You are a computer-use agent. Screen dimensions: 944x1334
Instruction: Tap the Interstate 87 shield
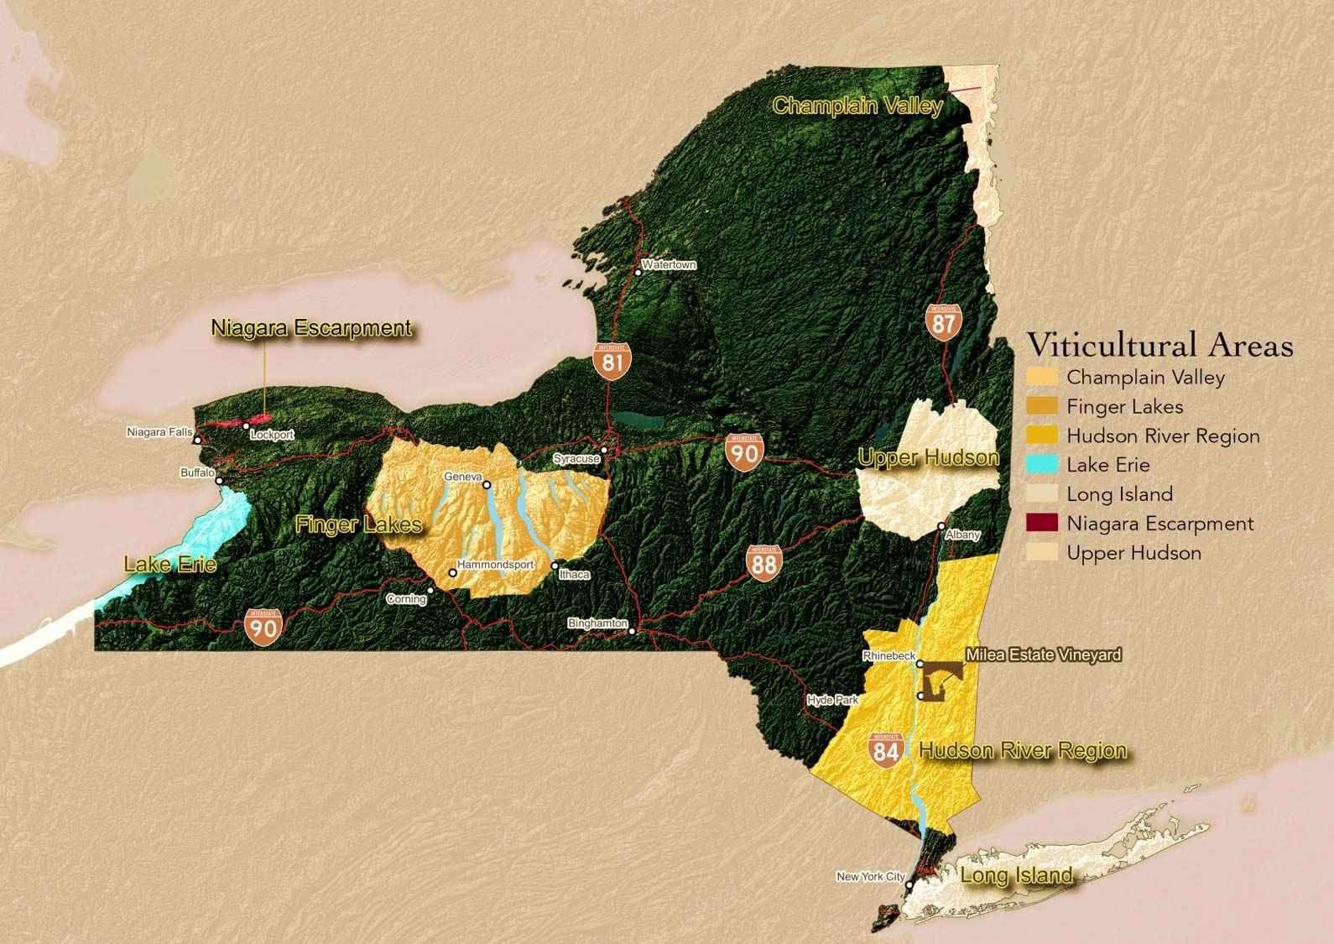pos(943,322)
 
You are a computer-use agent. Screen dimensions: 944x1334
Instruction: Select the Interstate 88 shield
pos(763,562)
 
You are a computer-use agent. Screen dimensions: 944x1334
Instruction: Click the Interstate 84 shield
pos(886,749)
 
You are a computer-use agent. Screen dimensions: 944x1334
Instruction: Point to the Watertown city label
pos(669,265)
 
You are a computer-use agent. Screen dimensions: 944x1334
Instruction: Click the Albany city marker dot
pos(942,526)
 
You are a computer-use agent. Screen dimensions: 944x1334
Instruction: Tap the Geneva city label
pos(463,477)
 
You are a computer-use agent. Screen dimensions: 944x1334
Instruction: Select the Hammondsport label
pos(495,565)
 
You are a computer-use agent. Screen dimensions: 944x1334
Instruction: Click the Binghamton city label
pos(597,623)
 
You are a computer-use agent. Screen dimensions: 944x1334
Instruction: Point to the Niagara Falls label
pos(159,432)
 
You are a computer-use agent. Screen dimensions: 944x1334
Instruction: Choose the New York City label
pos(871,877)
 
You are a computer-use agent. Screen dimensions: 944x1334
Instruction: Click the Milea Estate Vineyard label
pos(1043,655)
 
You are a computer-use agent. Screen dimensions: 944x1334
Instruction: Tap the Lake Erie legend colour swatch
pos(1042,465)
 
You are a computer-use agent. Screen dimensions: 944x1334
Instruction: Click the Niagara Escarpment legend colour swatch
pos(1042,524)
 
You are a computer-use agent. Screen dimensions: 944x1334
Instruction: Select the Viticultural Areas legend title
pos(1160,345)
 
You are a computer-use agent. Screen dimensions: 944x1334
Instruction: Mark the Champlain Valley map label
pos(857,107)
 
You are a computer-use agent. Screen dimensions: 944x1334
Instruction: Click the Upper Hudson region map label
pos(928,458)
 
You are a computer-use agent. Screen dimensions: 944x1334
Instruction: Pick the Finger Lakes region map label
pos(358,525)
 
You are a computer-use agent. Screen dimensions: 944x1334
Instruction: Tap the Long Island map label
pos(1016,876)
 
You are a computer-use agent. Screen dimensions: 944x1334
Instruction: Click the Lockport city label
pos(272,435)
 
